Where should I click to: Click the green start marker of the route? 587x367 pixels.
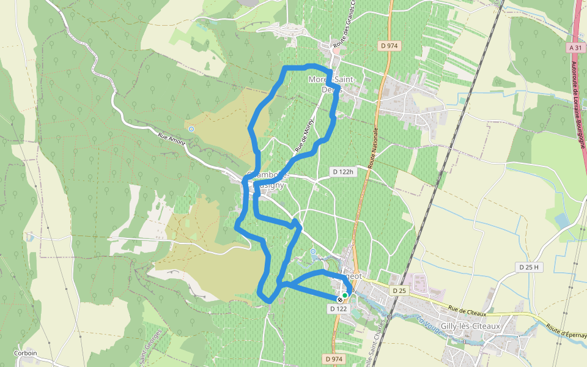345,295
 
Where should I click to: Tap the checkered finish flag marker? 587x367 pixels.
339,299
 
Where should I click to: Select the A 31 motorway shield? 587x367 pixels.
575,47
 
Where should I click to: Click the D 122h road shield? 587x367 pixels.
343,172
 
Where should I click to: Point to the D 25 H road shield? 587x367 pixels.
529,267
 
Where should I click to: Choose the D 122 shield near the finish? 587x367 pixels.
338,309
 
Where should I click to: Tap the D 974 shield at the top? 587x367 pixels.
389,45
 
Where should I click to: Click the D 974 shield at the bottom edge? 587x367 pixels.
334,359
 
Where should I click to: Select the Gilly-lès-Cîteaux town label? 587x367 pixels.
470,326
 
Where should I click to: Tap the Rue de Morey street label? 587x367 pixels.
305,135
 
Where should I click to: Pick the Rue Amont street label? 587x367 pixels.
171,139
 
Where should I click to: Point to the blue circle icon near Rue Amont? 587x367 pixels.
191,129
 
